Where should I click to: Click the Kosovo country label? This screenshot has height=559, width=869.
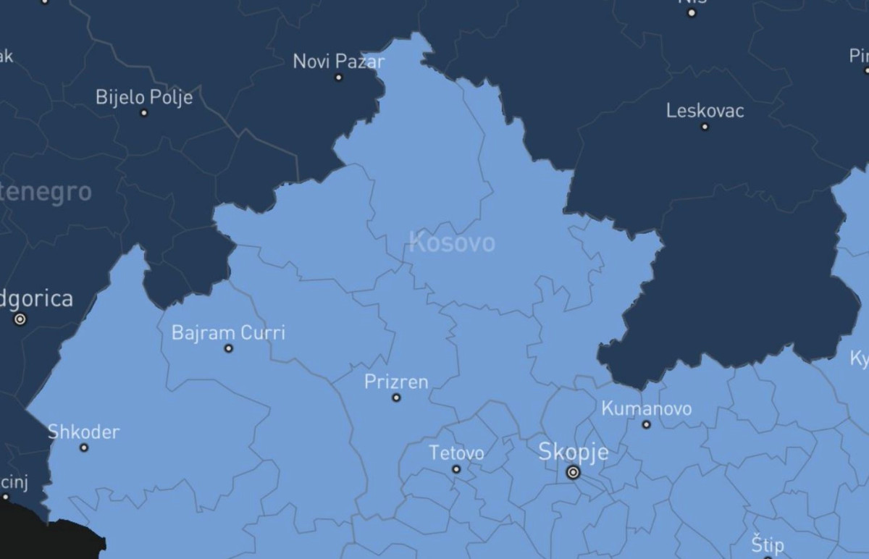pyautogui.click(x=452, y=242)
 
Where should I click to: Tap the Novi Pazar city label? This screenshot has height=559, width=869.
pyautogui.click(x=338, y=61)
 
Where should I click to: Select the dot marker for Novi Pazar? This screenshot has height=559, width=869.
pyautogui.click(x=338, y=77)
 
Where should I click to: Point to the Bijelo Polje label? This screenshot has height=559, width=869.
pyautogui.click(x=144, y=97)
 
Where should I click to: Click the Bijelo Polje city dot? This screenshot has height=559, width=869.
pyautogui.click(x=144, y=113)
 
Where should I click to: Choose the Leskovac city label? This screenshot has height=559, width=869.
pyautogui.click(x=705, y=111)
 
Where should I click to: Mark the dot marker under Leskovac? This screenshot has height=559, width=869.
pyautogui.click(x=705, y=127)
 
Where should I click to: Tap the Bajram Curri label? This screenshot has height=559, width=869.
pyautogui.click(x=228, y=332)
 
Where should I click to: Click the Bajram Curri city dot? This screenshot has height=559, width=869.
pyautogui.click(x=229, y=348)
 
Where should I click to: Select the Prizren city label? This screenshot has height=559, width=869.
pyautogui.click(x=396, y=382)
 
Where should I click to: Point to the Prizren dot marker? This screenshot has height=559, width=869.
pyautogui.click(x=396, y=398)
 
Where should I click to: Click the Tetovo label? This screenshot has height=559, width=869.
pyautogui.click(x=456, y=453)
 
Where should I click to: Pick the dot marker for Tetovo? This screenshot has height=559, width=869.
pyautogui.click(x=456, y=469)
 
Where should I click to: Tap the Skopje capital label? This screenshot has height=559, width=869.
pyautogui.click(x=574, y=452)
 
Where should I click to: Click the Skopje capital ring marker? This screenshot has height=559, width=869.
pyautogui.click(x=574, y=472)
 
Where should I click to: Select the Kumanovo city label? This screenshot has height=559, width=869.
pyautogui.click(x=647, y=408)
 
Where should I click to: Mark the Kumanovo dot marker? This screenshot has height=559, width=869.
pyautogui.click(x=647, y=424)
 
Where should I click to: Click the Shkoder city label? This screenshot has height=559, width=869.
pyautogui.click(x=83, y=432)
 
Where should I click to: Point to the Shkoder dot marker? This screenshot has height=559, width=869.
pyautogui.click(x=84, y=447)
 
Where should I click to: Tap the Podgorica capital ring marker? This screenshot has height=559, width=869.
pyautogui.click(x=20, y=319)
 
